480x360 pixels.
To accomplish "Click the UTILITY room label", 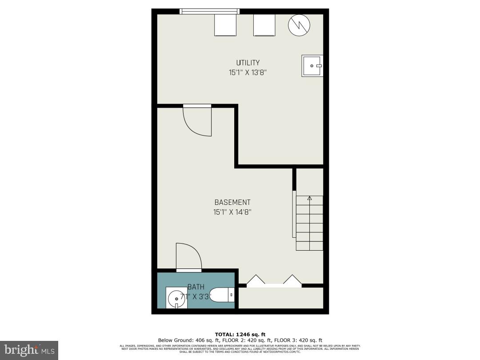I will click(x=248, y=63).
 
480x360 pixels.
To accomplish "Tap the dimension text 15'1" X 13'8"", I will click(x=248, y=72).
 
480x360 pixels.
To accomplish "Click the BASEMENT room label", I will click(x=232, y=202).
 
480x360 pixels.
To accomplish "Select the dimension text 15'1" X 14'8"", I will click(x=232, y=212).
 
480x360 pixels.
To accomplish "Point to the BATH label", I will click(x=196, y=287).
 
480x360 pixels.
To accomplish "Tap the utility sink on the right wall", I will click(x=313, y=66).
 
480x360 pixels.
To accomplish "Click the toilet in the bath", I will click(x=221, y=295).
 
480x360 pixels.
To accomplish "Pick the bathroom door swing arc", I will click(x=188, y=257).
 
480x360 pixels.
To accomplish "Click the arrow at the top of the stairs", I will click(x=309, y=198).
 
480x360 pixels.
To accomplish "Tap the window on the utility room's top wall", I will click(x=209, y=12).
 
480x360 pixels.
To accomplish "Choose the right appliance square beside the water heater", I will click(x=264, y=25).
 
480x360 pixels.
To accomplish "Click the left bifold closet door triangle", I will click(x=256, y=280).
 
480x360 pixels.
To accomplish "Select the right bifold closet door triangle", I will click(x=292, y=280).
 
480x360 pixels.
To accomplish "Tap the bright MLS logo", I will click(x=29, y=350).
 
